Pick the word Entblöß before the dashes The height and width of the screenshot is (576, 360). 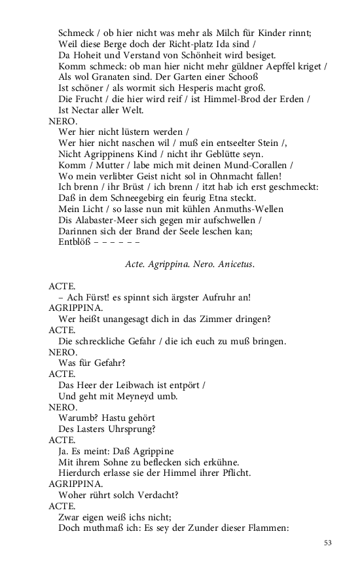coord(74,242)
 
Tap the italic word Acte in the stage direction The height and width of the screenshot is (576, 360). coord(135,264)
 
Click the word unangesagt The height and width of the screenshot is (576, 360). coord(137,319)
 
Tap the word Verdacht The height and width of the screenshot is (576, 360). coord(154,495)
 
